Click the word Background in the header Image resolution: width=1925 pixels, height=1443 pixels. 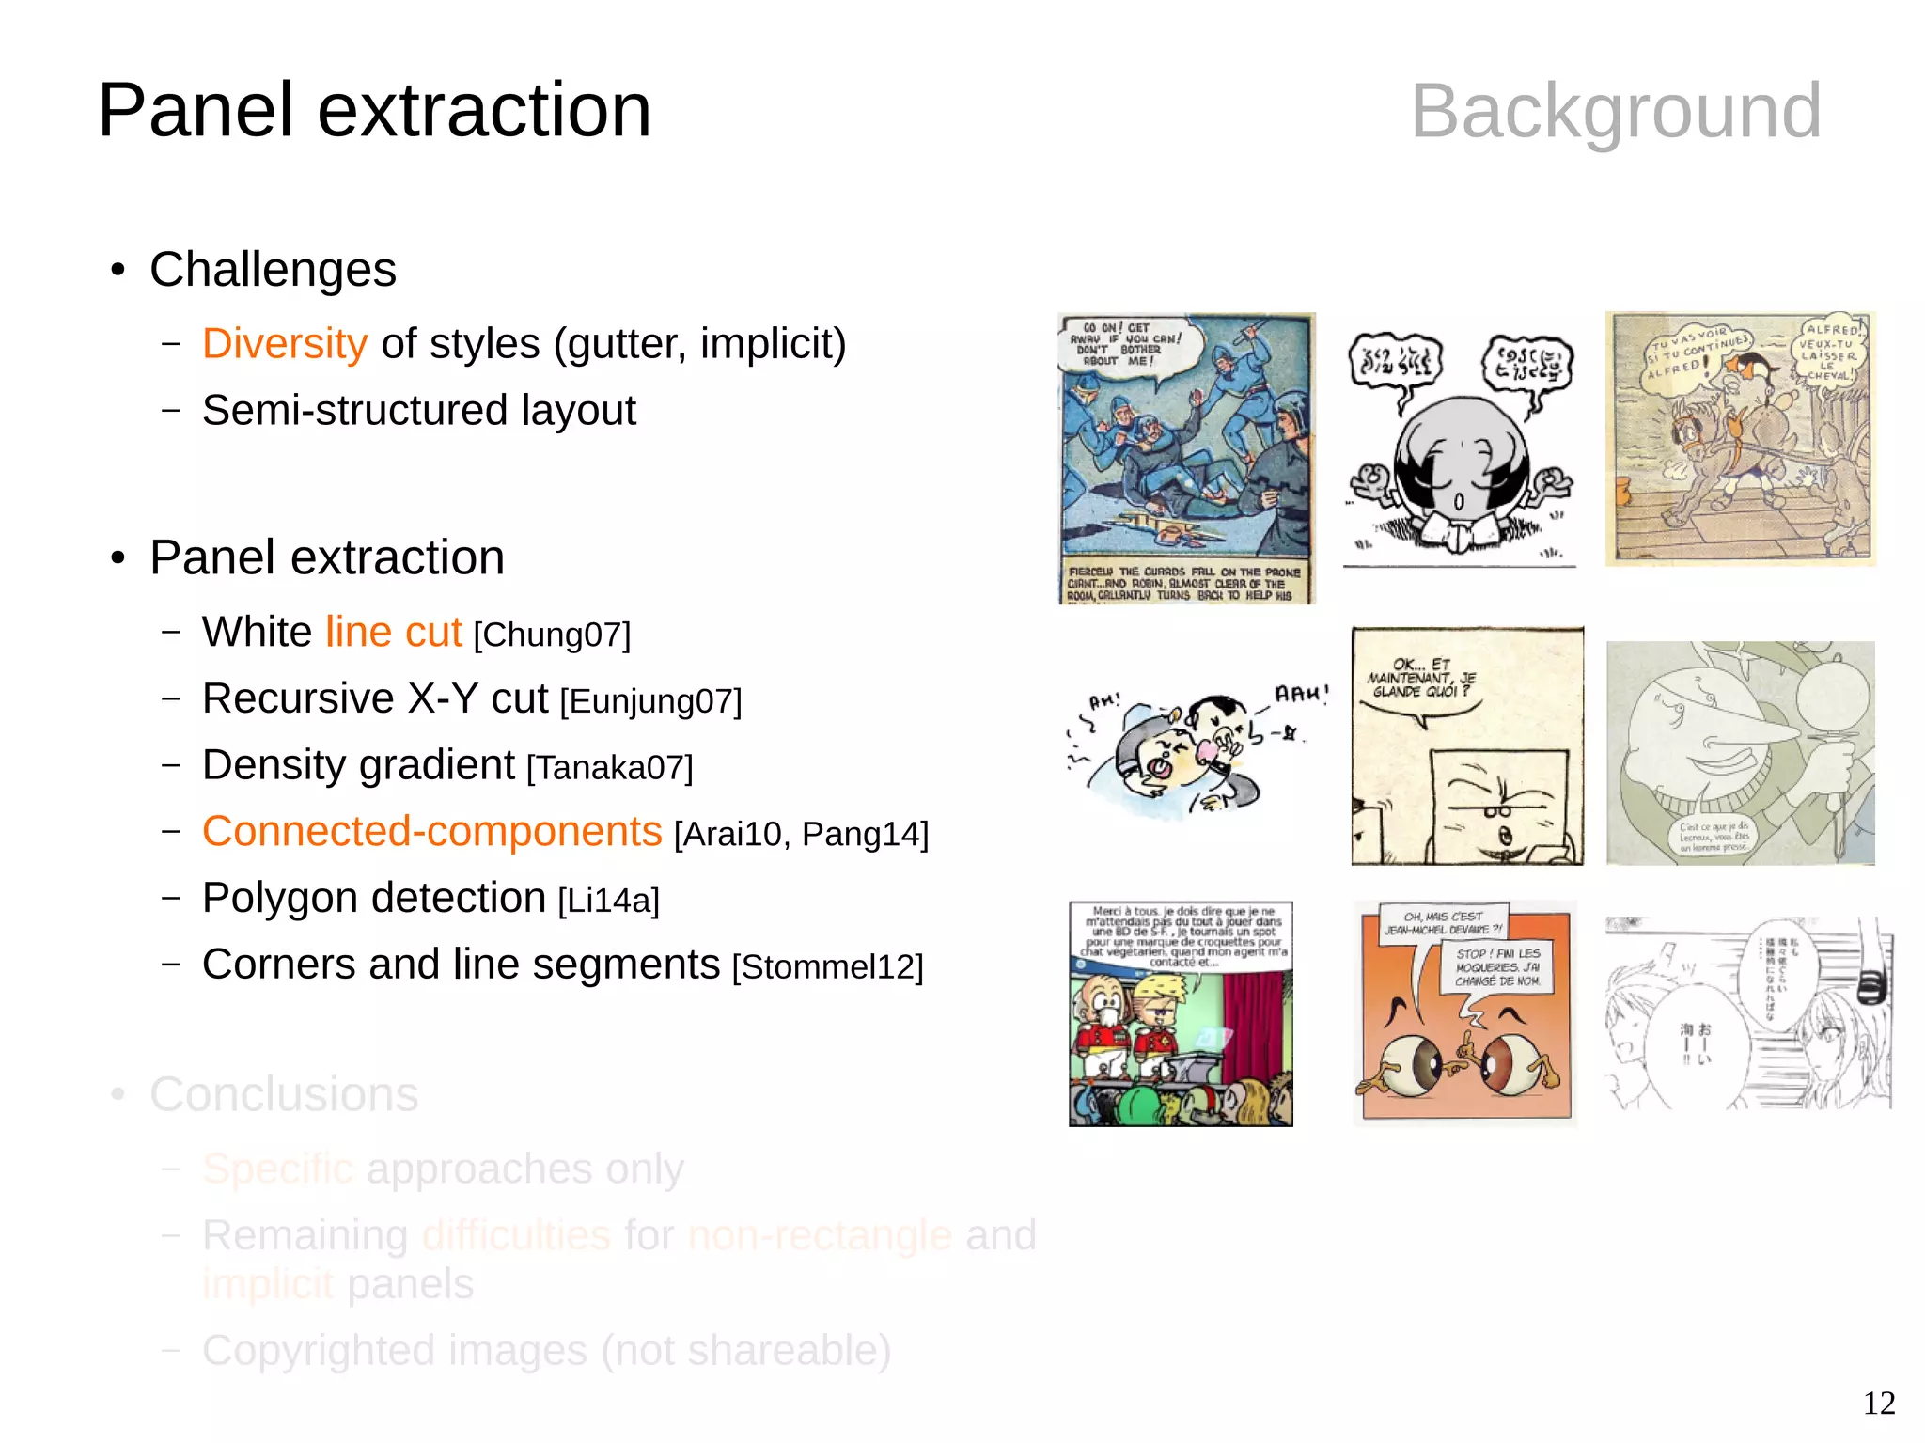pyautogui.click(x=1615, y=112)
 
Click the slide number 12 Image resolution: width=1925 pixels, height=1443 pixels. pyautogui.click(x=1878, y=1403)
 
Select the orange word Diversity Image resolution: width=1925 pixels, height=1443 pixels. pyautogui.click(x=284, y=344)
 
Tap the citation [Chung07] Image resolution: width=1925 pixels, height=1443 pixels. pyautogui.click(x=552, y=635)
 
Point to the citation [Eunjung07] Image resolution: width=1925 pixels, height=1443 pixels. pyautogui.click(x=650, y=702)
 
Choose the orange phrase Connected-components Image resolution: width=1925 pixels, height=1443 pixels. pyautogui.click(x=431, y=832)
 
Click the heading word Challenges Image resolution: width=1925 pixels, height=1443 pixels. pyautogui.click(x=273, y=270)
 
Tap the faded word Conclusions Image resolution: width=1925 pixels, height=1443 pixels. pyautogui.click(x=284, y=1094)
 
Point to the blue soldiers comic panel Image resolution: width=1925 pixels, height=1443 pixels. pyautogui.click(x=1186, y=458)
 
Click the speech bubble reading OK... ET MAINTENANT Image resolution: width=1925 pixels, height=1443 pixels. pyautogui.click(x=1421, y=682)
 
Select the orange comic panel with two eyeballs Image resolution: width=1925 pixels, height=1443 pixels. pyautogui.click(x=1464, y=1013)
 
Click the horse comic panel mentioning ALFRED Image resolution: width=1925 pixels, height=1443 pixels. pyautogui.click(x=1740, y=439)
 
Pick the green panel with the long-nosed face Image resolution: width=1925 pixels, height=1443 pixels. pyautogui.click(x=1740, y=753)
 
